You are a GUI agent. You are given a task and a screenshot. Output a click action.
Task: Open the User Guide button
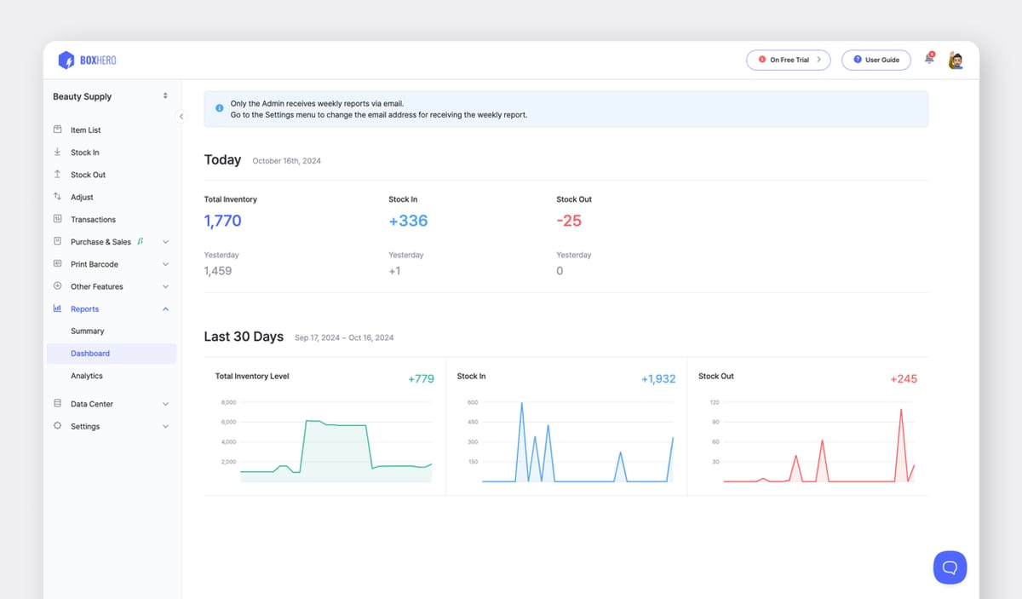876,60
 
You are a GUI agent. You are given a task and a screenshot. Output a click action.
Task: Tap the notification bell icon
929,59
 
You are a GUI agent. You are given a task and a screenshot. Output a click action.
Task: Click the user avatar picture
956,60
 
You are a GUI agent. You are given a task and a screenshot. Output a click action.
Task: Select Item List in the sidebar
85,130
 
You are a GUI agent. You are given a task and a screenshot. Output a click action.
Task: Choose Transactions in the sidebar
93,220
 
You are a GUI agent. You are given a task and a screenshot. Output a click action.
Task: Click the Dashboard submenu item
90,354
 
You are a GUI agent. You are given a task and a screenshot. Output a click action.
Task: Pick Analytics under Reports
87,376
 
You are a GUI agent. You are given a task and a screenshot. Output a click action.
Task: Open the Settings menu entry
85,427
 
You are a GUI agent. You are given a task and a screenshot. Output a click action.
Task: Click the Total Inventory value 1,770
222,221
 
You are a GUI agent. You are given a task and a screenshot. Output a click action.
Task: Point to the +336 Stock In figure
408,221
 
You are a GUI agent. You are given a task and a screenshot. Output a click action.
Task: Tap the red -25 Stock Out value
569,221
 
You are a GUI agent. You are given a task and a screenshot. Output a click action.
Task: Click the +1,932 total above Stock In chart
658,379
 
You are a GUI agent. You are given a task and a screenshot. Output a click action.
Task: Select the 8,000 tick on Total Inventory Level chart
228,402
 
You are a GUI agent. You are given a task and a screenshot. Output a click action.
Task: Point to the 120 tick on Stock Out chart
715,402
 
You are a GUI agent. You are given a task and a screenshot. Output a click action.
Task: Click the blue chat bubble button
950,567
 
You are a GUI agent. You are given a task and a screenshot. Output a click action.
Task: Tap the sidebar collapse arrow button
181,117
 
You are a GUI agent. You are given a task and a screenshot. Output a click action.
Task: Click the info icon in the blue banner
220,109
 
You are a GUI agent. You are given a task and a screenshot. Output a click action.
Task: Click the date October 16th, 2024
287,161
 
